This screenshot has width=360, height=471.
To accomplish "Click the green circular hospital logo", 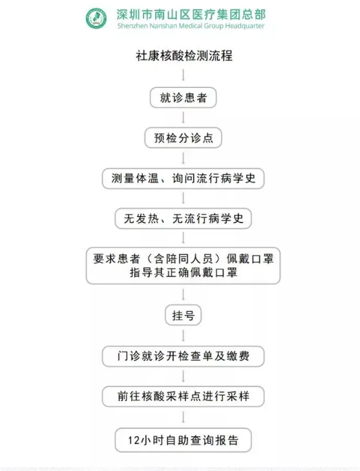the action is [96, 18].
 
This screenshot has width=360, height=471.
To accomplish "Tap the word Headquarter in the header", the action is [245, 26].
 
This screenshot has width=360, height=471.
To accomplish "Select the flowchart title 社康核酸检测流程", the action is [184, 56].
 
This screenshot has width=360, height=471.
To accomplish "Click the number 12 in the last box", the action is [134, 441].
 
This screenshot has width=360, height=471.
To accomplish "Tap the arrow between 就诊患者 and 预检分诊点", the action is [184, 118].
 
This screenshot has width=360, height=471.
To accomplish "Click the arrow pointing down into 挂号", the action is [184, 294].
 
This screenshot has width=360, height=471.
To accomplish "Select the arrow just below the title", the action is [184, 75].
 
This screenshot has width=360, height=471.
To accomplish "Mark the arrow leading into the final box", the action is [184, 417].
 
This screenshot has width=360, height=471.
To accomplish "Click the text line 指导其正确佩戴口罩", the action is [184, 273].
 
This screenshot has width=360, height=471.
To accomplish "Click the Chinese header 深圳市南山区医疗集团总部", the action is [191, 14].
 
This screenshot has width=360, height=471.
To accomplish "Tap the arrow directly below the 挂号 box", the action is [184, 336].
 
